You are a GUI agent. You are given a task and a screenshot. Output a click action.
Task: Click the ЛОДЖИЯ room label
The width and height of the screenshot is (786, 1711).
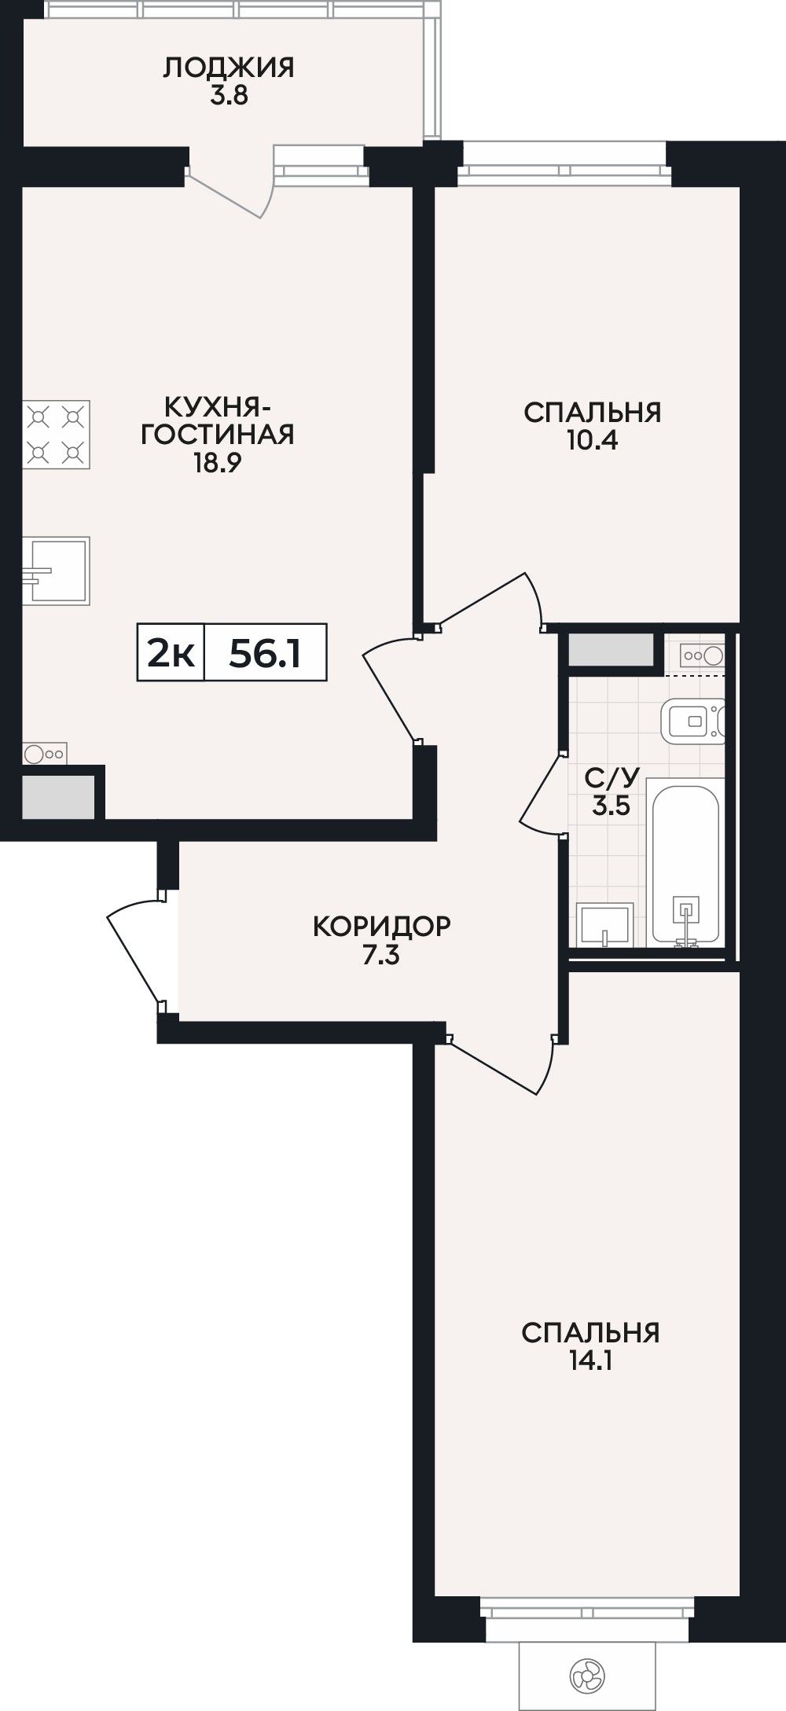tap(229, 68)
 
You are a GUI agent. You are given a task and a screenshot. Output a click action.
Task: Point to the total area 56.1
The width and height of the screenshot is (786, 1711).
tap(265, 652)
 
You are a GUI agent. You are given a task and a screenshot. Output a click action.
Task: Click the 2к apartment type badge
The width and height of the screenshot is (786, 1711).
tap(171, 652)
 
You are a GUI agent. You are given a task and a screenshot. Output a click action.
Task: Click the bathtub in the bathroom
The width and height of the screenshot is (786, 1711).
tap(685, 862)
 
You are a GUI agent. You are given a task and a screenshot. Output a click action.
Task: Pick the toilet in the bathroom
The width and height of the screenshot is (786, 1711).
tap(692, 720)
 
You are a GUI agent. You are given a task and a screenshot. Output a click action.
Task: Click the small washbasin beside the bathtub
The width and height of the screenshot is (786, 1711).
tap(604, 925)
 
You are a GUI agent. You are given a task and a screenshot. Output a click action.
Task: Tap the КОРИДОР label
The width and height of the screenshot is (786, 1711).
tap(382, 926)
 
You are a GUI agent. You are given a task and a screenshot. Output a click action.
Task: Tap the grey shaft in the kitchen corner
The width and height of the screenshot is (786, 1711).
tap(58, 795)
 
